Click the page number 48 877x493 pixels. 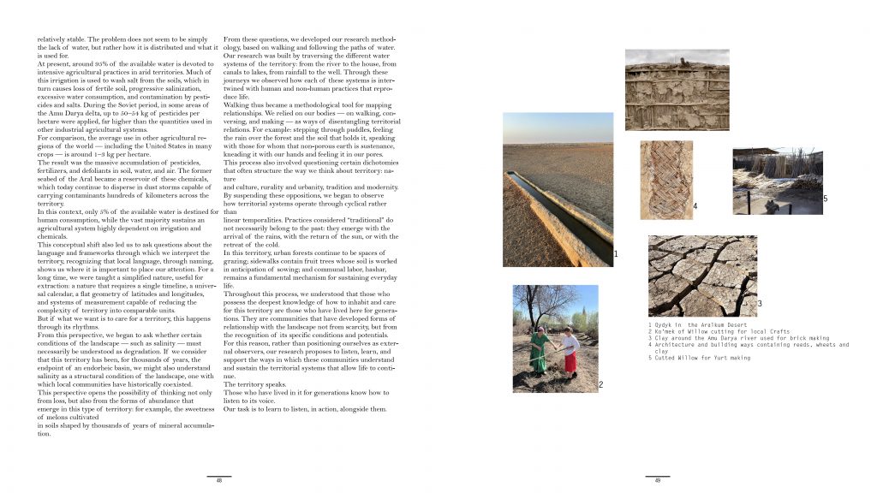[x=219, y=481]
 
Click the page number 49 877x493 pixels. [x=658, y=481]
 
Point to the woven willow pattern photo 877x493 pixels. [x=665, y=180]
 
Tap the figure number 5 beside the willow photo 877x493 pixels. [x=825, y=199]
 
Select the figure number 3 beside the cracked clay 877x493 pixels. [x=760, y=304]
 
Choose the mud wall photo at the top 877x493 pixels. [x=677, y=88]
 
